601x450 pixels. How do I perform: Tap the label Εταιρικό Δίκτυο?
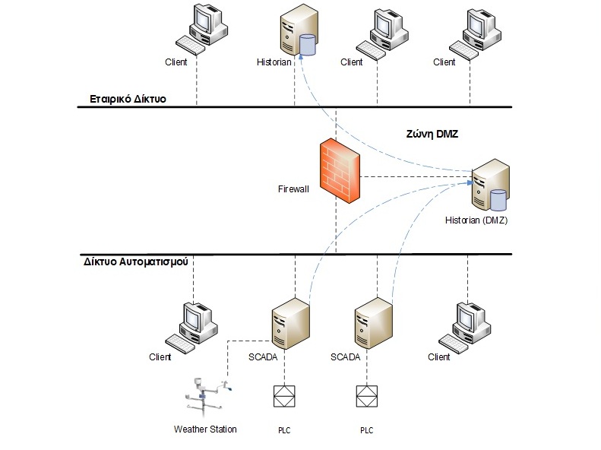(128, 99)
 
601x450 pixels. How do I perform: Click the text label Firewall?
(293, 188)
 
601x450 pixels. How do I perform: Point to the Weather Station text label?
(205, 429)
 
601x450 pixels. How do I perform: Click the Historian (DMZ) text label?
(476, 221)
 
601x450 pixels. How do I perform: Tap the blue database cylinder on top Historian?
(307, 44)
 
